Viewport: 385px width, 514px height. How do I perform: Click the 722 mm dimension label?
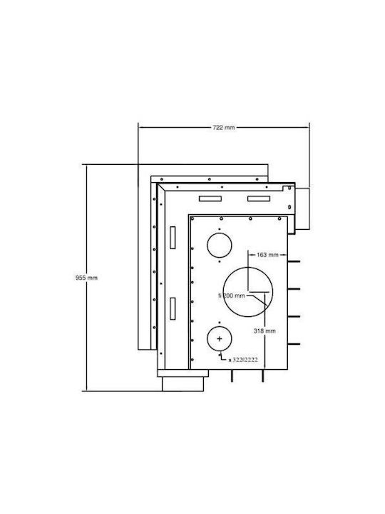224,128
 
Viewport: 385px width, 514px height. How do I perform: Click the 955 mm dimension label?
86,278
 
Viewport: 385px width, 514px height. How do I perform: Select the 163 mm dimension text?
267,255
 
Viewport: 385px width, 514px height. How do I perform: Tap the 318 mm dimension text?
265,331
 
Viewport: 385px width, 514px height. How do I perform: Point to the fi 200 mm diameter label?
232,296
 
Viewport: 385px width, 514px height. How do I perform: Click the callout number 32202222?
245,360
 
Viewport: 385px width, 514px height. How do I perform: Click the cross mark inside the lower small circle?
220,339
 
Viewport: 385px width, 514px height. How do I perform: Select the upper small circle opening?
220,245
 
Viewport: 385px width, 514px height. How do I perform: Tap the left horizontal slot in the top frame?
210,198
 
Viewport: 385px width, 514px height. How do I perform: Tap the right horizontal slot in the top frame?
259,198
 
